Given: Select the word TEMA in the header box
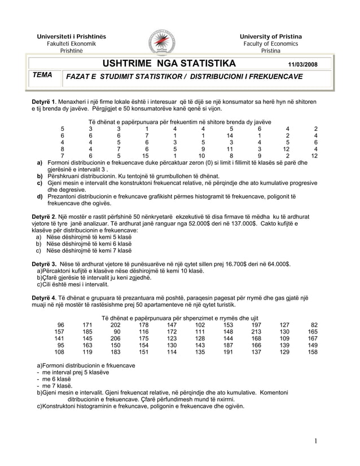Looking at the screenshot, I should (x=42, y=74).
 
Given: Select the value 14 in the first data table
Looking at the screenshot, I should (x=230, y=136).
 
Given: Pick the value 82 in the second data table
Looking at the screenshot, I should (x=314, y=324).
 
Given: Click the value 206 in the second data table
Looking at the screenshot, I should (x=115, y=338).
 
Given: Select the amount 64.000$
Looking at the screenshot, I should (x=277, y=264).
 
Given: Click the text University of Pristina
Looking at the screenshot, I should (x=270, y=37).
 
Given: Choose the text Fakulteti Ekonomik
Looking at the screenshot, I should (x=71, y=43).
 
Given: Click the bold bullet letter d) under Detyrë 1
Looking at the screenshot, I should (x=40, y=196).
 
